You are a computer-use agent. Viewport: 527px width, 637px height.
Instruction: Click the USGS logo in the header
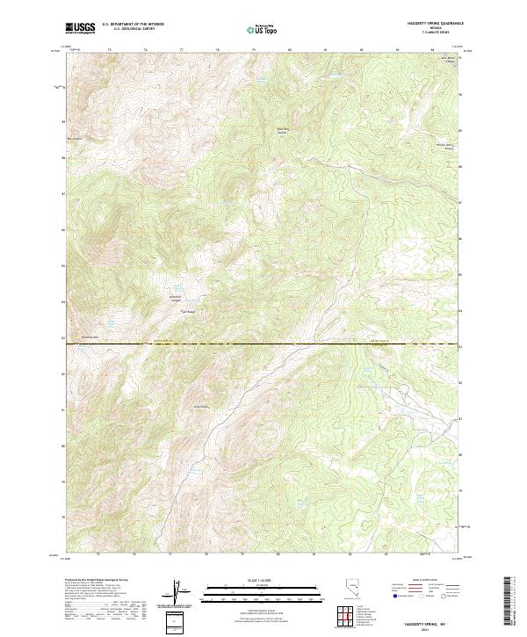tap(81, 28)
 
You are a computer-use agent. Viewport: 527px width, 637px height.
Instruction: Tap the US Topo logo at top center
tap(263, 29)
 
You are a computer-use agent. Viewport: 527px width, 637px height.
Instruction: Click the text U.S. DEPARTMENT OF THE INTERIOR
tap(133, 25)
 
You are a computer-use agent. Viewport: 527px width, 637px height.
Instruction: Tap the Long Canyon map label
tap(200, 406)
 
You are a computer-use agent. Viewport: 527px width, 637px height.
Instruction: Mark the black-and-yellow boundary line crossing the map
tap(263, 344)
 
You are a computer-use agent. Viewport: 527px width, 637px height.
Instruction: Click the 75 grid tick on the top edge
tap(109, 49)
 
